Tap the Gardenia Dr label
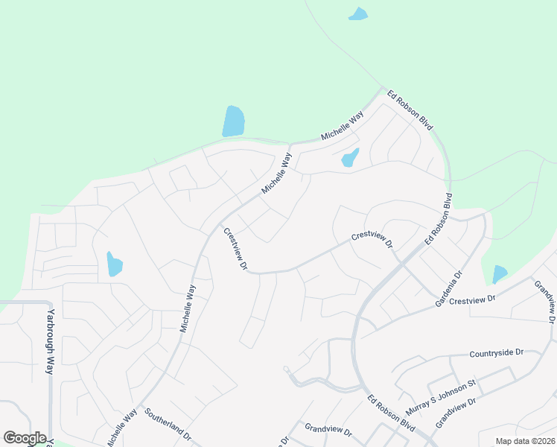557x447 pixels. pos(449,282)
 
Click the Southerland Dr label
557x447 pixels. pos(168,424)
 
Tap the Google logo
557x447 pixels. pos(25,438)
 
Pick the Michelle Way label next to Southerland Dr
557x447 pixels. pos(121,426)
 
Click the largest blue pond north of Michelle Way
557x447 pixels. pos(233,121)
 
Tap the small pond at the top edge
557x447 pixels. pos(358,14)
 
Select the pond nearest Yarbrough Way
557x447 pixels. pos(114,264)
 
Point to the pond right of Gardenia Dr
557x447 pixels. pos(499,275)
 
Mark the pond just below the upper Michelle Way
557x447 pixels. pos(349,157)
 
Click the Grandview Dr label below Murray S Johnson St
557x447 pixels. pos(455,410)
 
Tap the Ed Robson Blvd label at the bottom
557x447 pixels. pos(391,411)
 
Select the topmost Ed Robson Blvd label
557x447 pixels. pos(410,111)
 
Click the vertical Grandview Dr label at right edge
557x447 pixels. pos(545,301)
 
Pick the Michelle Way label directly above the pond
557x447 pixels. pos(342,127)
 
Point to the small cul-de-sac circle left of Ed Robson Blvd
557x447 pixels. pos(286,369)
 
